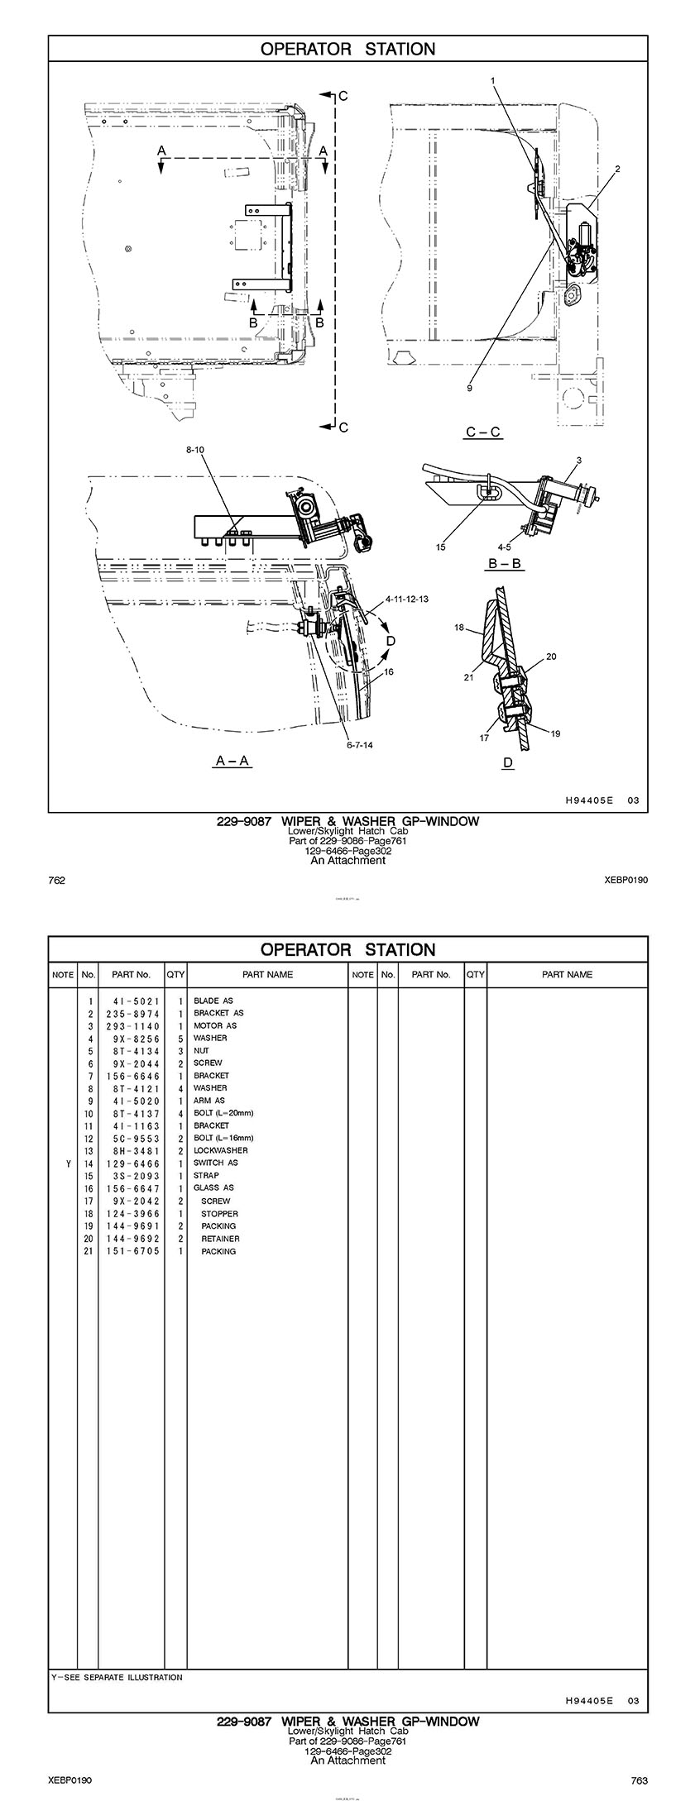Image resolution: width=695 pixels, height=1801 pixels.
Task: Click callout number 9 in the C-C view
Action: (x=469, y=388)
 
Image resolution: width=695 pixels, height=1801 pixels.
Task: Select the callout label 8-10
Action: (x=194, y=450)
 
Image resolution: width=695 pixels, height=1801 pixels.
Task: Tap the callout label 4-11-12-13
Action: (x=407, y=599)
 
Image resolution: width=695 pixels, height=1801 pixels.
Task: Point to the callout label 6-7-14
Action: (x=359, y=745)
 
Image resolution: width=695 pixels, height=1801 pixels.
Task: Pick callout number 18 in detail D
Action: (x=459, y=628)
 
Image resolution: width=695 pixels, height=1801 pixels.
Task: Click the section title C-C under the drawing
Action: (x=484, y=432)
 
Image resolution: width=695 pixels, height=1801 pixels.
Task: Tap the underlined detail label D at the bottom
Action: (x=508, y=762)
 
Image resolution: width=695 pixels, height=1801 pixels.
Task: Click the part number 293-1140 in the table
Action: (x=132, y=1025)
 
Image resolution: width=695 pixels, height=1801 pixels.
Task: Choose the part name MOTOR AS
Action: (x=215, y=1025)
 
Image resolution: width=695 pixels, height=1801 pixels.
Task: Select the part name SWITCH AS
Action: (x=216, y=1163)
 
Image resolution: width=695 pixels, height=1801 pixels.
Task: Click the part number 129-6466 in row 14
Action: (x=132, y=1163)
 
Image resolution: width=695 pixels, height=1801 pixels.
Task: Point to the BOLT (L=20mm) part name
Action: (x=223, y=1113)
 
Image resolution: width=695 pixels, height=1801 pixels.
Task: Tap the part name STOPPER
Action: (x=219, y=1214)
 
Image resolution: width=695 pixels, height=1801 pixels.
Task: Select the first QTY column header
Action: (x=175, y=974)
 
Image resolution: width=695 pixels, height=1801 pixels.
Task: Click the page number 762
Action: (x=57, y=881)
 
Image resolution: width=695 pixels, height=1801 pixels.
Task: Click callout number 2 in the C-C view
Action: (x=617, y=169)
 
